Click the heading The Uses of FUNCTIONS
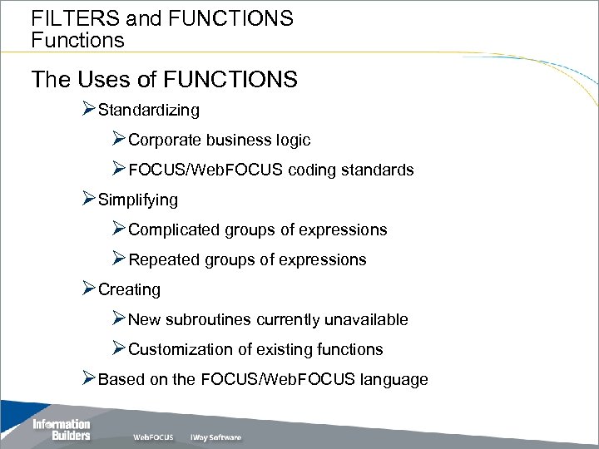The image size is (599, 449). tap(164, 80)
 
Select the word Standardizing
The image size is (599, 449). tap(148, 110)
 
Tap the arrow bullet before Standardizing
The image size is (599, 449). tap(89, 109)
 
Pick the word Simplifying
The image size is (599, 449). tap(137, 200)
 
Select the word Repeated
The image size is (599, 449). tap(164, 259)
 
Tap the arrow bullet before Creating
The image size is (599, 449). tap(89, 289)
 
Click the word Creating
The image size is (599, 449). tap(129, 289)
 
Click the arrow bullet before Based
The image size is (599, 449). tap(89, 378)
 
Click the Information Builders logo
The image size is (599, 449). tap(61, 430)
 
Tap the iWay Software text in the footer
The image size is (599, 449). tap(215, 437)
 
